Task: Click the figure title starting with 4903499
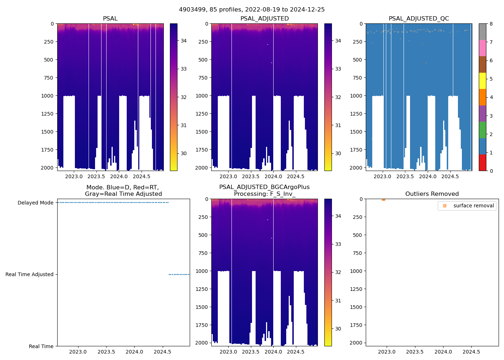(252, 10)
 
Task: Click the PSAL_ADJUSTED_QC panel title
(419, 19)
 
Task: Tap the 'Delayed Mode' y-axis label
(36, 203)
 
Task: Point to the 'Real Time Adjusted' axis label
(30, 274)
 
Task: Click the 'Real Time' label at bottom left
(41, 346)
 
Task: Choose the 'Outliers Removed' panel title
(432, 194)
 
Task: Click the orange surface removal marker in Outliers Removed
(383, 199)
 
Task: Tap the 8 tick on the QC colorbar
(491, 24)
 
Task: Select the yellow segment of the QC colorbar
(482, 81)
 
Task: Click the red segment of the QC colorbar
(482, 162)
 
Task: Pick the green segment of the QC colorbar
(482, 130)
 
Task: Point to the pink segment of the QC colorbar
(482, 48)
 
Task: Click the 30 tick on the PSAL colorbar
(184, 153)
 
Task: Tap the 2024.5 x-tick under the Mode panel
(163, 352)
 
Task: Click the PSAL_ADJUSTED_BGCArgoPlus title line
(264, 187)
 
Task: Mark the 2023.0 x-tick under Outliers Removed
(387, 352)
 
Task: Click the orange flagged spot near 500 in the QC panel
(426, 63)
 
